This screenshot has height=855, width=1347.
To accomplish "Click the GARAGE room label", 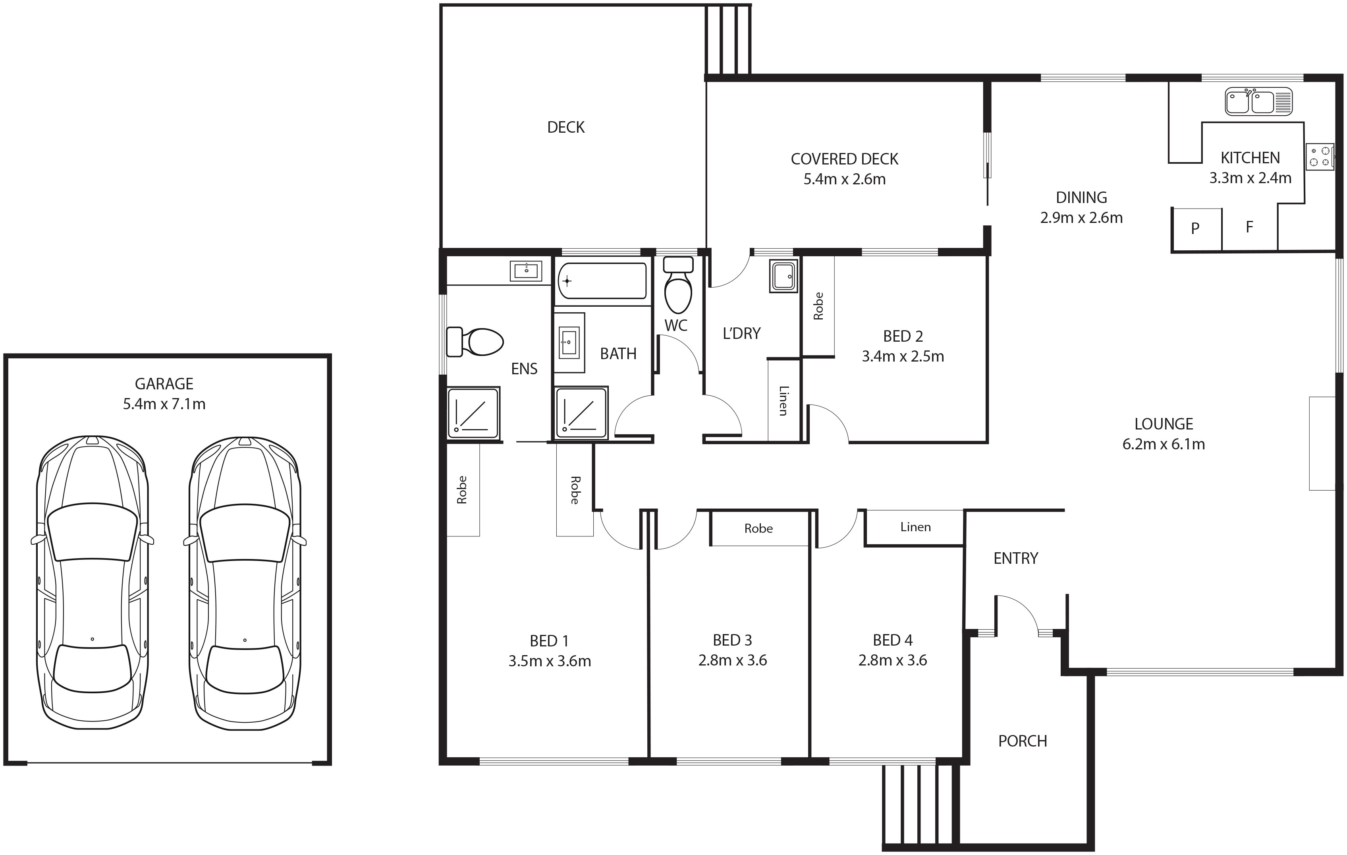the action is pos(164,384).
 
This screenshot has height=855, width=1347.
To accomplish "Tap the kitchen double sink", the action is pos(1258,102).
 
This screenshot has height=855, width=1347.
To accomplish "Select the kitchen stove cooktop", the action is pos(1320,157).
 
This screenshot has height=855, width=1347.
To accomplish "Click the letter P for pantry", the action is pos(1195,228).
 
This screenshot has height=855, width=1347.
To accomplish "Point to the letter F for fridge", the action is pos(1249,226).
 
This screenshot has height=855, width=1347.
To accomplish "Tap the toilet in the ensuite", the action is pos(475,342).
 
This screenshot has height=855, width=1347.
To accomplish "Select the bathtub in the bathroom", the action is pos(602,281).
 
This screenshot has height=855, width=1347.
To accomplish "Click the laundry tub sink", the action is pos(783,276).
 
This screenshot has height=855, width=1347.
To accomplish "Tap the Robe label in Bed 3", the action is pos(758,529).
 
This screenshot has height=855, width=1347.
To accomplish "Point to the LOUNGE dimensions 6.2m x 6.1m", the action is pos(1164,444).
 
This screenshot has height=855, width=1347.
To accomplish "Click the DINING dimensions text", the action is pos(1081,218).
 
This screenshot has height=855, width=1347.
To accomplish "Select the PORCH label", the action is pos(1023,741).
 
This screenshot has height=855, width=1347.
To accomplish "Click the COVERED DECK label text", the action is pos(845,159).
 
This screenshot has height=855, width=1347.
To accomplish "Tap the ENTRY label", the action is pos(1016,559).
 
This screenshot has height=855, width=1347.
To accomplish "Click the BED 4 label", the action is pos(893,640).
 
